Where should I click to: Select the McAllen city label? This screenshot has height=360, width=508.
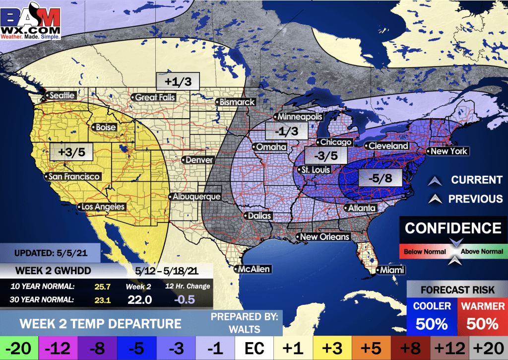click(x=254, y=269)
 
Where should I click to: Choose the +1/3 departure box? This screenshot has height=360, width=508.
click(x=178, y=81)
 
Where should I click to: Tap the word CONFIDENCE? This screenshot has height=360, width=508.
click(x=453, y=228)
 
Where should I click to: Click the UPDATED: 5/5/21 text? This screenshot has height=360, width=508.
click(x=51, y=253)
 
